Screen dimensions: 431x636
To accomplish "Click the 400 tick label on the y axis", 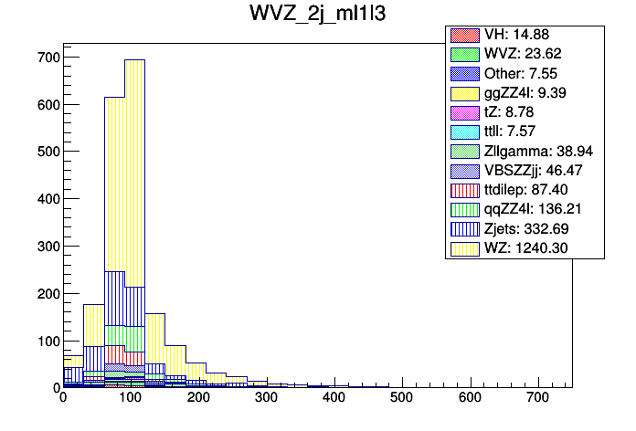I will pos(48,199).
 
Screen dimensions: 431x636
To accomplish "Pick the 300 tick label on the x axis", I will pos(266,399).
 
